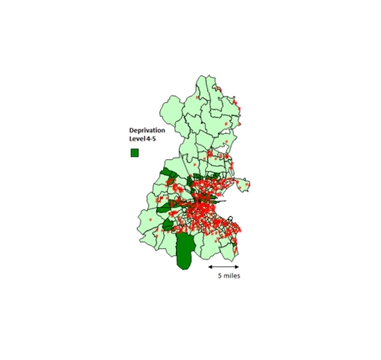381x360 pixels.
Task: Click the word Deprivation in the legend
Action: coord(146,131)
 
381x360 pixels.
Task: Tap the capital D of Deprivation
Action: coord(131,131)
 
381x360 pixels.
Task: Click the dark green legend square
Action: coord(134,153)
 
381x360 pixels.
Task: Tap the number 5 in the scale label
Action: coord(220,276)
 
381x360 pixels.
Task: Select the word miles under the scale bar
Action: coord(232,276)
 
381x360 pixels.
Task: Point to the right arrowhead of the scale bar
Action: coord(239,266)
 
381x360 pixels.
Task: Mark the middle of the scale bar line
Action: coord(225,266)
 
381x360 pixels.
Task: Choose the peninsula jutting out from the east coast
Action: coord(244,183)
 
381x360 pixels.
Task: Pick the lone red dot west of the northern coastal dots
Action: coord(198,97)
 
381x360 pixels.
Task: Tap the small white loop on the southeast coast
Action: coord(230,218)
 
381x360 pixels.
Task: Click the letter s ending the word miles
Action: coord(240,276)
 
